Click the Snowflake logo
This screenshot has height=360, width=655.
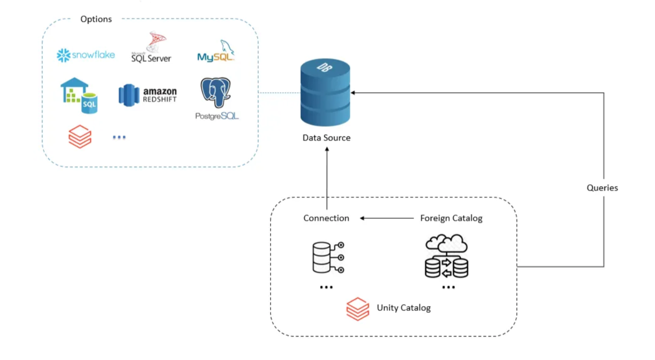click(86, 55)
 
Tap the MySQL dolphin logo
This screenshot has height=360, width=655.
click(216, 51)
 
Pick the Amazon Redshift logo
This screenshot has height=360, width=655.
click(148, 94)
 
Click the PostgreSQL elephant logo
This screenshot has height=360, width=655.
click(217, 99)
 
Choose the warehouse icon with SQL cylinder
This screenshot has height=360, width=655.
click(79, 95)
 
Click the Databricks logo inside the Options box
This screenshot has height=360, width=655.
click(80, 137)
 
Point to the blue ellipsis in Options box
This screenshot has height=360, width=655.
click(119, 137)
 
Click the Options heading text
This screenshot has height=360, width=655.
click(96, 19)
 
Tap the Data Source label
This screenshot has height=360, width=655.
click(327, 138)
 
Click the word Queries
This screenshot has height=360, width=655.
click(602, 188)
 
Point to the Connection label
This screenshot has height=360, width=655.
click(326, 218)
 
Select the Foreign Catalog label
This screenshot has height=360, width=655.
click(451, 218)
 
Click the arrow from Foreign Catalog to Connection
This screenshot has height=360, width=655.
click(386, 218)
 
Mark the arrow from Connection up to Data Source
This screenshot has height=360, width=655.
click(327, 178)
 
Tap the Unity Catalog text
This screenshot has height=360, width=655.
click(403, 308)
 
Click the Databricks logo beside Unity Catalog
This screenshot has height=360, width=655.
click(358, 309)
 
